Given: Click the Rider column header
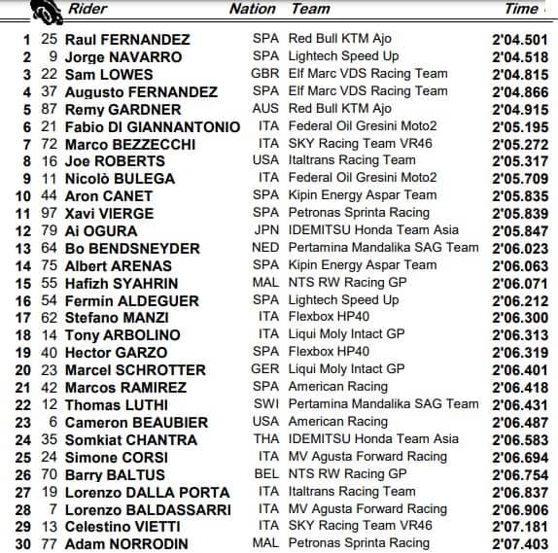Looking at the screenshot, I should click(87, 10).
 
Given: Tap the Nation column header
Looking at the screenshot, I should click(252, 10).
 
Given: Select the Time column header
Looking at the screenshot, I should click(521, 10).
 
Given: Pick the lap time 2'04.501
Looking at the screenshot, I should click(522, 40).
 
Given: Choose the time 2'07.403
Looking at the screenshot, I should click(522, 544).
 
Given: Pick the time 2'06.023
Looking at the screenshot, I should click(522, 248).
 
